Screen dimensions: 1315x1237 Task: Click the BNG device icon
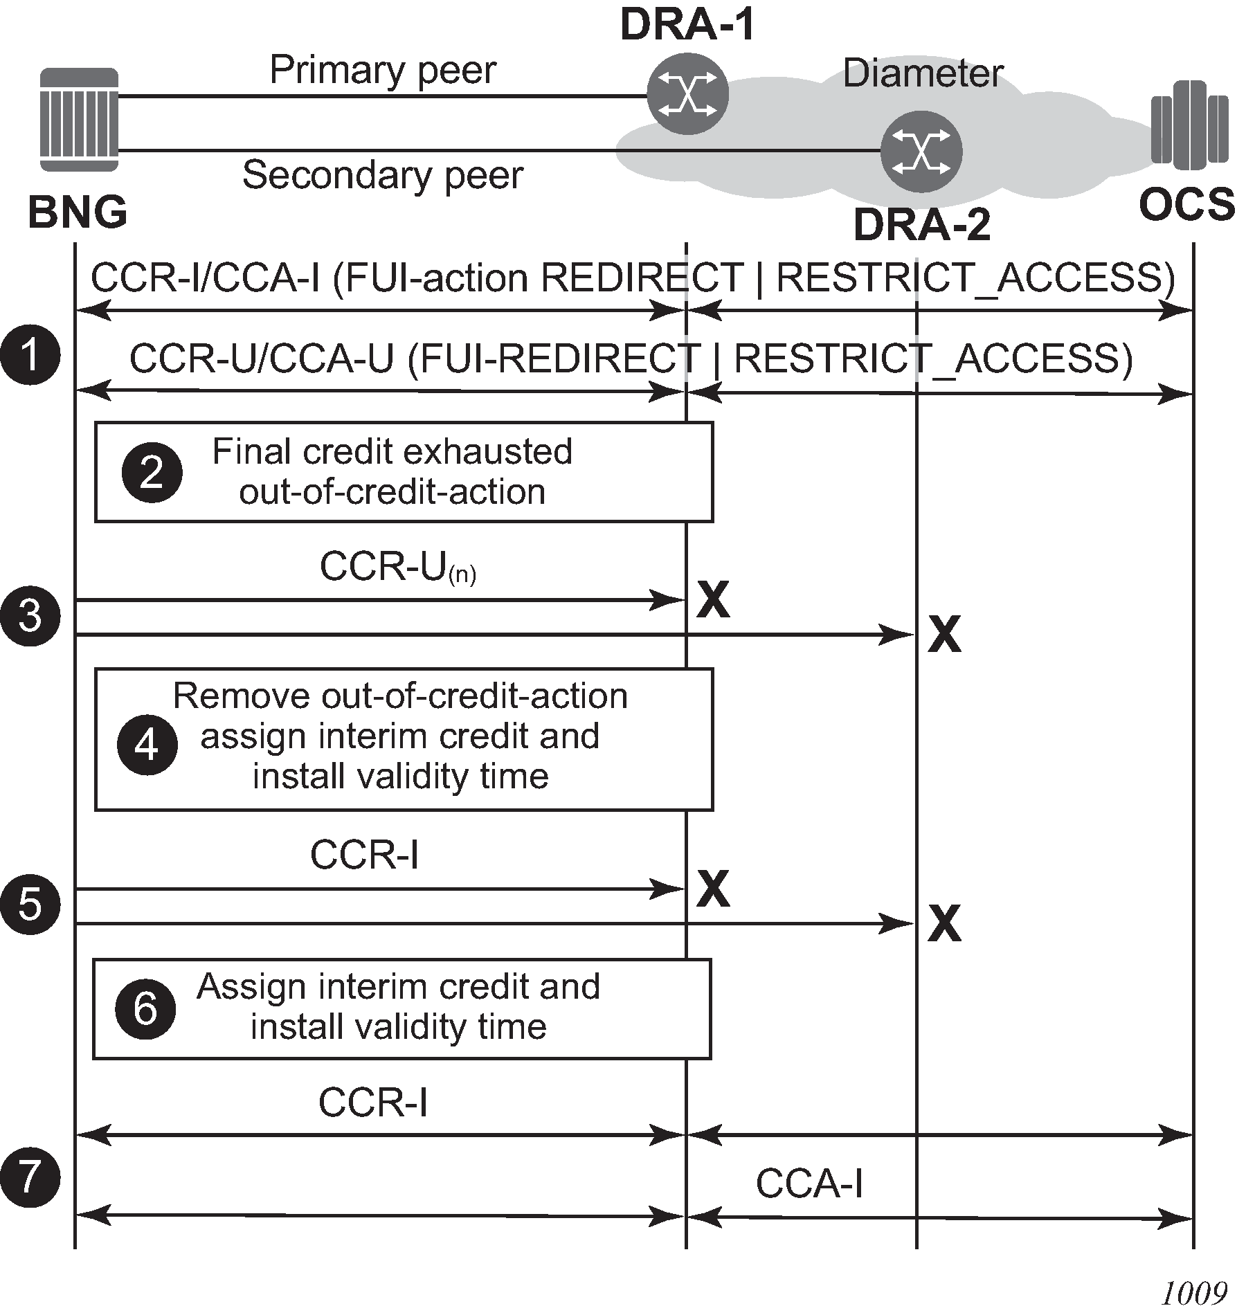point(79,120)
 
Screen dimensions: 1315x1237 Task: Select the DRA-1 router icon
point(687,94)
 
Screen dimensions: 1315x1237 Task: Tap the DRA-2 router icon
point(921,152)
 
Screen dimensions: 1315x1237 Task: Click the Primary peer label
point(383,70)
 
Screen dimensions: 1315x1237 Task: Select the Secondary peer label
point(382,175)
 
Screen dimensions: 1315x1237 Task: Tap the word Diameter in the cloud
point(923,73)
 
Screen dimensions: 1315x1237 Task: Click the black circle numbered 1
point(30,355)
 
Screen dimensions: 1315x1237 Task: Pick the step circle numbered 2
point(152,473)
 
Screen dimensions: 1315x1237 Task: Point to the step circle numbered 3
point(30,616)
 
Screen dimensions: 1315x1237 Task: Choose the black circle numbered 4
point(147,745)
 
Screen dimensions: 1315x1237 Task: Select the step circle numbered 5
point(30,905)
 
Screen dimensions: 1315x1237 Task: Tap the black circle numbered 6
point(145,1009)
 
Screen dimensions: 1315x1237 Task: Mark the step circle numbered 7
point(30,1177)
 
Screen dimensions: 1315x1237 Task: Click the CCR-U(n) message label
point(398,568)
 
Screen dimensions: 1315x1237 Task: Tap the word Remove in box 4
point(242,696)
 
